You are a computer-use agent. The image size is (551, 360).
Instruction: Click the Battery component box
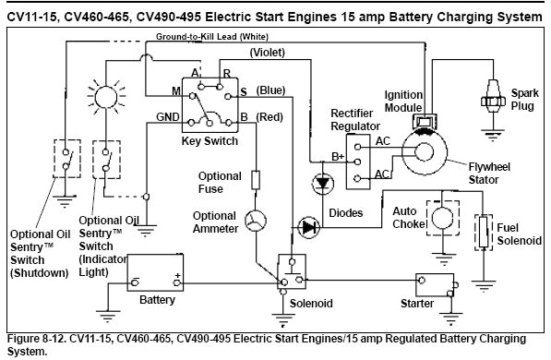[x=156, y=272]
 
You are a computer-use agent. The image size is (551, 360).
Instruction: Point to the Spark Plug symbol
[x=494, y=92]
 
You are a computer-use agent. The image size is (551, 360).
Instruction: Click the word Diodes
[x=344, y=212]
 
